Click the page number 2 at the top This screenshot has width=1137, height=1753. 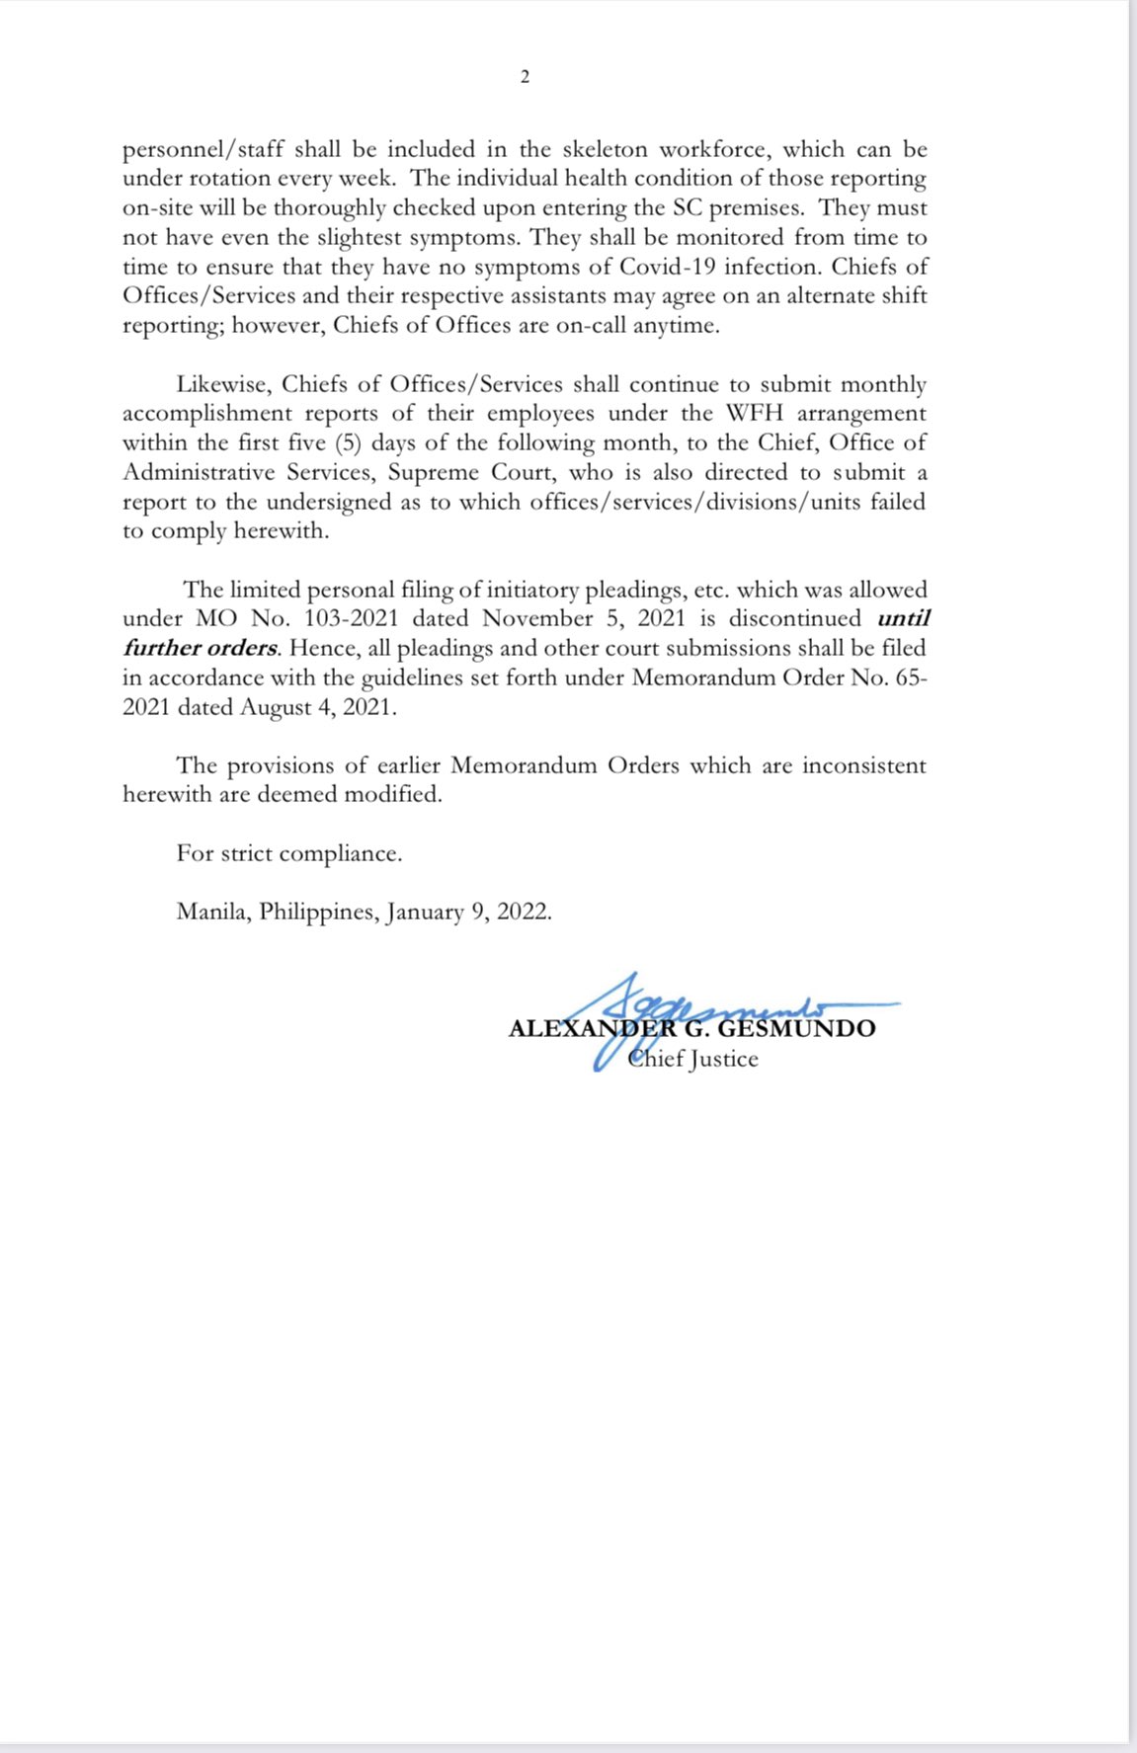(x=525, y=77)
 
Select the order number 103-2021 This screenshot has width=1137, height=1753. (x=351, y=619)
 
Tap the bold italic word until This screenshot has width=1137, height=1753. (x=903, y=619)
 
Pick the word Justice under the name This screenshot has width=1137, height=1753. (x=724, y=1060)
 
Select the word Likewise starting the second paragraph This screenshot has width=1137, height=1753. (x=223, y=384)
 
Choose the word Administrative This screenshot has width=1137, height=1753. (x=198, y=472)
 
